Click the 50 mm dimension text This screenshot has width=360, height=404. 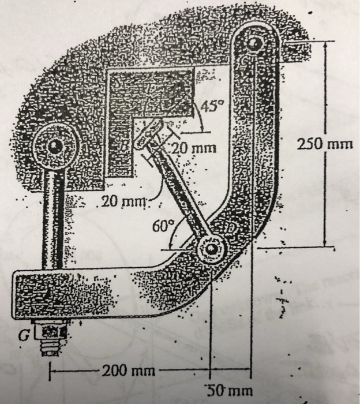(230, 390)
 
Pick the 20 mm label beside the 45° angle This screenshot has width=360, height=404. (194, 148)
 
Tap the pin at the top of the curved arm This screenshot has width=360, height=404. (256, 43)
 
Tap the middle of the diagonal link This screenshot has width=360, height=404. (179, 190)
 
